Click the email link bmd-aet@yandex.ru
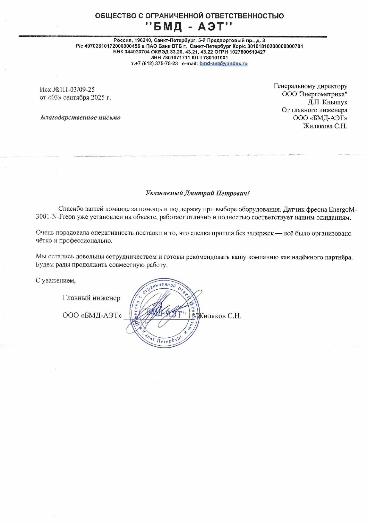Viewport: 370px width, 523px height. click(223, 63)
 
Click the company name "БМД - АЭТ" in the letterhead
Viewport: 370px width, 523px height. click(189, 27)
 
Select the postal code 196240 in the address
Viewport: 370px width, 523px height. click(142, 41)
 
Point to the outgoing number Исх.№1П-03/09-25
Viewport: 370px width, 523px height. click(67, 89)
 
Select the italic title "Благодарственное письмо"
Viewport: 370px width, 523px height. click(80, 117)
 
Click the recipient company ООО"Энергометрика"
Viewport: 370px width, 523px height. click(314, 94)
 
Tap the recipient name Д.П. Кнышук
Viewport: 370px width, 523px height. click(327, 102)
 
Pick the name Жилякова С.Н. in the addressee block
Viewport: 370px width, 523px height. click(325, 126)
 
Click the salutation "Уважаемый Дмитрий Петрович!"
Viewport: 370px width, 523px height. click(198, 193)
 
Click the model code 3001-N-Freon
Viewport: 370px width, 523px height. click(55, 217)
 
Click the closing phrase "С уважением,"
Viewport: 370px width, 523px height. click(56, 280)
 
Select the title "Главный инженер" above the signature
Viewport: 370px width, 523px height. click(91, 298)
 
